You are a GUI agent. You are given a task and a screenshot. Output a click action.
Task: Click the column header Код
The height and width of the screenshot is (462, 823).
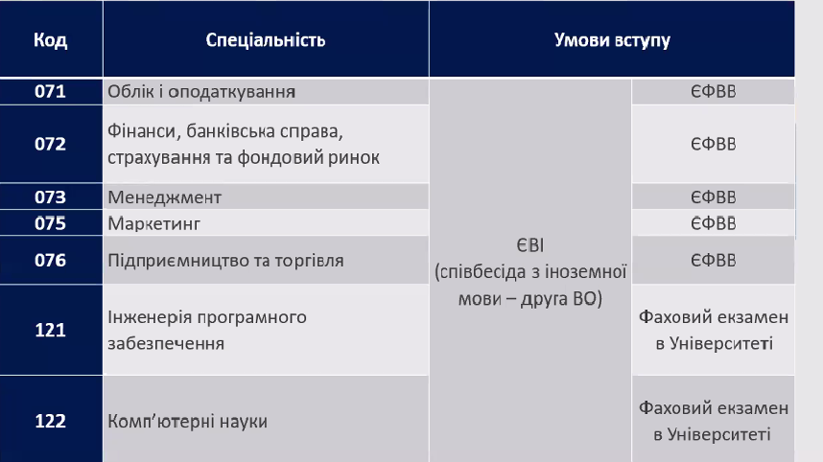point(51,40)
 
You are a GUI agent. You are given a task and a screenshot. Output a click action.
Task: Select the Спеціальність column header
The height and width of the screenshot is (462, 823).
point(266,40)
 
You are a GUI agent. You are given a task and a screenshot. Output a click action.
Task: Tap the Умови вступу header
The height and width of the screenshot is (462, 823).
point(612,40)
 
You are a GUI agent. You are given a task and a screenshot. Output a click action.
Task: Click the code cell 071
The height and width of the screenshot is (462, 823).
point(51,91)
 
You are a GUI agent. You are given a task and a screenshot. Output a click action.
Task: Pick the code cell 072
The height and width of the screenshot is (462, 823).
point(51,144)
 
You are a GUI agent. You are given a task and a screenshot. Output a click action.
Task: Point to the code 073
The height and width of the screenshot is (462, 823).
point(51,197)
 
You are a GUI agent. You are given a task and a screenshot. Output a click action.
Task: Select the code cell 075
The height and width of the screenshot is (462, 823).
point(51,223)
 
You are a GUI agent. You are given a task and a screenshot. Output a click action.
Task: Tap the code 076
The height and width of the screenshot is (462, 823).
point(51,260)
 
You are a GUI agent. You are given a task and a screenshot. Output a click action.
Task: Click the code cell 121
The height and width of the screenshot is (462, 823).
point(51,330)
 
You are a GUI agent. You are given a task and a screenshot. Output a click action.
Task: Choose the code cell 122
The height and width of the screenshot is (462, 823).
point(51,421)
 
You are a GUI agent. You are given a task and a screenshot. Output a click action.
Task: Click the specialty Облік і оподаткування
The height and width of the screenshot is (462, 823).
point(201,92)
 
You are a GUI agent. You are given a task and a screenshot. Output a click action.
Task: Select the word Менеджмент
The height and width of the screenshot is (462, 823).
point(164,197)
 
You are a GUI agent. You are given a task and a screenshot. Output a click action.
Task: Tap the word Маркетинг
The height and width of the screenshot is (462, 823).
point(153,224)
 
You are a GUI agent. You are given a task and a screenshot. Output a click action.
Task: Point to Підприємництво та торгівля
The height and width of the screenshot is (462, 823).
point(225,261)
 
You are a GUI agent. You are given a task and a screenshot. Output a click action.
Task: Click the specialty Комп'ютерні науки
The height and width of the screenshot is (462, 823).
point(187,421)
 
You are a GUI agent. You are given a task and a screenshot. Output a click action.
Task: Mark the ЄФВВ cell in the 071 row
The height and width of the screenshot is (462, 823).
point(714,92)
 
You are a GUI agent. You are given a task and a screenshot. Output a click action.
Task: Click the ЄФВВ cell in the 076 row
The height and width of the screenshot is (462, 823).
point(714,261)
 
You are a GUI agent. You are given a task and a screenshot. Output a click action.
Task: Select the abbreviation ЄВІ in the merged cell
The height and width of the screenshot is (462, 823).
point(530,245)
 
